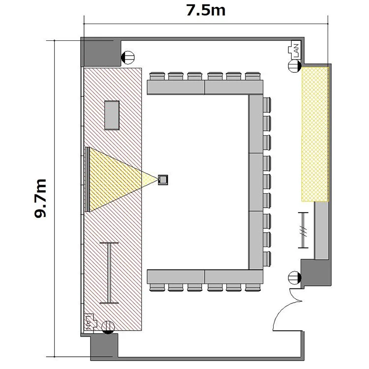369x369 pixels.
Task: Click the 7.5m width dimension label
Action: pos(206,11)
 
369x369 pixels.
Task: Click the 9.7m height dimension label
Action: pos(40,198)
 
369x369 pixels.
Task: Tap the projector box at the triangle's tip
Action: pos(163,180)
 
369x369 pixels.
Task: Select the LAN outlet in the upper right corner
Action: pos(294,50)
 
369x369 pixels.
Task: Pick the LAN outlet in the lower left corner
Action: pos(91,322)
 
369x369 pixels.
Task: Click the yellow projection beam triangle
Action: pos(118,180)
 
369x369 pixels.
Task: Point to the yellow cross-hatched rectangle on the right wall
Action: pos(315,134)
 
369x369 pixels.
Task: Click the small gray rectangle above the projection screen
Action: pos(112,115)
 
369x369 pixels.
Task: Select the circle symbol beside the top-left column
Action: pos(128,58)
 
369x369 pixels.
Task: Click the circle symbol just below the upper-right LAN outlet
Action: pos(295,66)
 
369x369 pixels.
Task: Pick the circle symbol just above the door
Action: pos(295,277)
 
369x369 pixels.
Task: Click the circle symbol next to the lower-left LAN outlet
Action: pos(108,327)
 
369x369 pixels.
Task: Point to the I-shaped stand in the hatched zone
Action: pos(109,273)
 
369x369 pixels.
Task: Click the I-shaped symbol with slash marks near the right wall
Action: pos(304,230)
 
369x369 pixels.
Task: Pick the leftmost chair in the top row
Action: pos(157,76)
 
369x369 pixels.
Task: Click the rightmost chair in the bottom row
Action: pos(252,287)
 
